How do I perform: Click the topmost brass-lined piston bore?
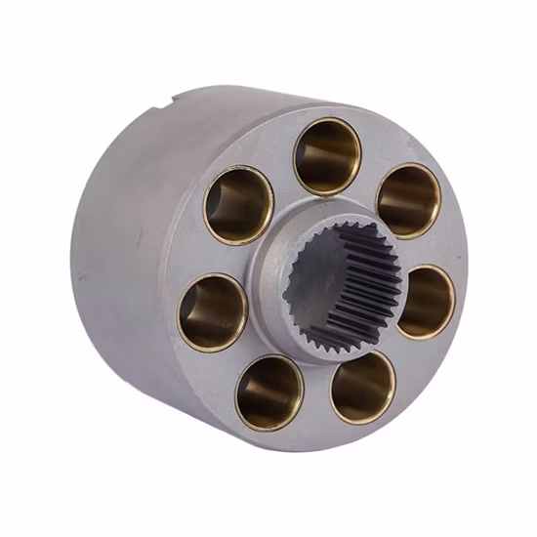(328, 154)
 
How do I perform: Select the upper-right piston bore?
(408, 200)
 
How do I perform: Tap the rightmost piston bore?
(426, 301)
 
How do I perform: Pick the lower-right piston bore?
(362, 386)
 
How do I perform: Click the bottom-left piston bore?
(268, 392)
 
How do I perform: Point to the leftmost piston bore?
(212, 311)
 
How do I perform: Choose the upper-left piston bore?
(238, 205)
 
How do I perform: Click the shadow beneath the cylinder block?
(293, 469)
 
